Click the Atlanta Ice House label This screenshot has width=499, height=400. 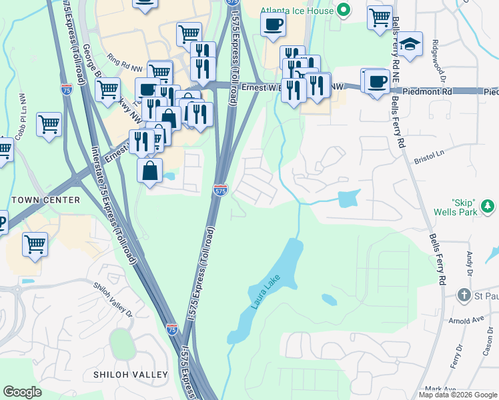coord(297,10)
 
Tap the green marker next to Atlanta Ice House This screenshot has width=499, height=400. coord(344,10)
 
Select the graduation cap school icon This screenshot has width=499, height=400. coord(410,45)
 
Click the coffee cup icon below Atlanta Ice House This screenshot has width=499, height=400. coord(273,26)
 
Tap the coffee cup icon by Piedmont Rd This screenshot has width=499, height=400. coord(377,82)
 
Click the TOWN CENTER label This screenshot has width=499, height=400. coord(45,200)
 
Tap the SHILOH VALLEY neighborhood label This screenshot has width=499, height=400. coord(131,375)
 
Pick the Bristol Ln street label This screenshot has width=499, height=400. coord(429,157)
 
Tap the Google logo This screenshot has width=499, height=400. coord(22,392)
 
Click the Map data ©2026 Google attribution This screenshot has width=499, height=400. coord(458,395)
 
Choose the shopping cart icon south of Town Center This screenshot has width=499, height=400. coord(34,243)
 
